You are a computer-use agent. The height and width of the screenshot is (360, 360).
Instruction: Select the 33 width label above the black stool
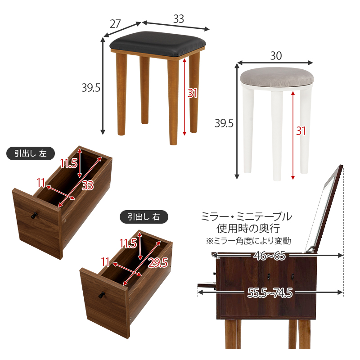tap(179, 18)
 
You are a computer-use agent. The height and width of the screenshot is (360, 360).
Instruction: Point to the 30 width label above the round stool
tap(276, 55)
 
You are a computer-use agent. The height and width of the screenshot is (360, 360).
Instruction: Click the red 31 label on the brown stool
tap(193, 93)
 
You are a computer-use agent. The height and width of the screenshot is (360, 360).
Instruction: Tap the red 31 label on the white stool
tap(301, 130)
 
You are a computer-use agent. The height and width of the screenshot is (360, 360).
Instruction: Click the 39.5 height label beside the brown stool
tap(90, 87)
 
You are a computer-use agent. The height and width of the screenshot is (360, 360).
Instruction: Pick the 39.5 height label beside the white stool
tap(224, 123)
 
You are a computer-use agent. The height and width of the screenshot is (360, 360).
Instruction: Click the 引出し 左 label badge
tap(30, 153)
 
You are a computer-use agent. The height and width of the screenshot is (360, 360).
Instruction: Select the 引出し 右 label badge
tap(144, 217)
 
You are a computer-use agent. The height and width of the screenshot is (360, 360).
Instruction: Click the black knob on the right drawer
tap(102, 295)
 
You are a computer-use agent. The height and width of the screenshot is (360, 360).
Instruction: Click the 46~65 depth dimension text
tap(270, 256)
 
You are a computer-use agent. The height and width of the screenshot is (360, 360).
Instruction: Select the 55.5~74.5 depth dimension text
tap(270, 293)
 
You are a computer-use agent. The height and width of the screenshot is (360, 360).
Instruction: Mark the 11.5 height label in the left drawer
tap(68, 164)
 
